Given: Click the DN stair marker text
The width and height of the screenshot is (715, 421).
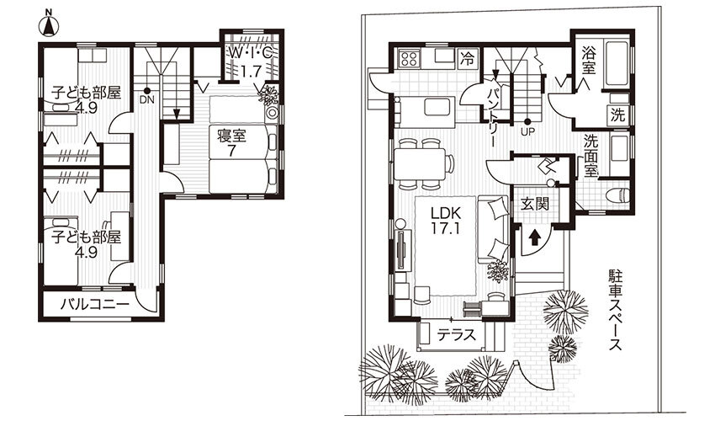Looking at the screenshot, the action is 147,99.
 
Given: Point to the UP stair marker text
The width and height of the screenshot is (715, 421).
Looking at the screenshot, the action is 527,132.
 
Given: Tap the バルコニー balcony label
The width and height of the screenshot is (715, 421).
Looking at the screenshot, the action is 95,304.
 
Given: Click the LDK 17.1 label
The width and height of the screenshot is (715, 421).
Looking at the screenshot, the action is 446,221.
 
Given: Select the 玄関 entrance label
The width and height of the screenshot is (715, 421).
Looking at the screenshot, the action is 535,204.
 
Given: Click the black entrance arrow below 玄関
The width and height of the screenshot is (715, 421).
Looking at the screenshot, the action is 534,238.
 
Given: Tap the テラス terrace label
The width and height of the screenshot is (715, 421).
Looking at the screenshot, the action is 457,336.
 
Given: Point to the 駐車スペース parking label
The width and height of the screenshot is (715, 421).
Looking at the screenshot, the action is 616,310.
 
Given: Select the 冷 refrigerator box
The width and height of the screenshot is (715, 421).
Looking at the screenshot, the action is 467,58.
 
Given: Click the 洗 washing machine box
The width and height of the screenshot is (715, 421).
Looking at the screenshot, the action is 618,115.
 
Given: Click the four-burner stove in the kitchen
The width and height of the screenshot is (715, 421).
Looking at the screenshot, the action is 409,58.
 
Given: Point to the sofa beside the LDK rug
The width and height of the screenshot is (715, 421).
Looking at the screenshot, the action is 493,230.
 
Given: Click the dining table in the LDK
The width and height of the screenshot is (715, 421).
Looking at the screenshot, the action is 420,163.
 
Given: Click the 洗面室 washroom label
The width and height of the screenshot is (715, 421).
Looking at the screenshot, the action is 591,154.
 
